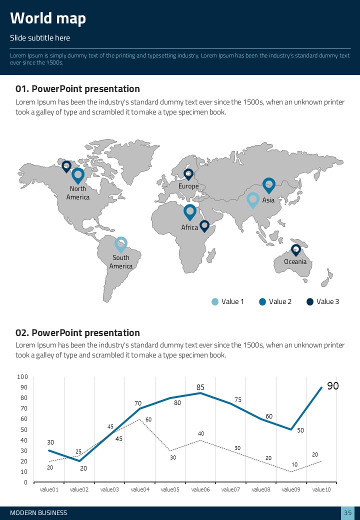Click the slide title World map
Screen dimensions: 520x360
click(x=48, y=18)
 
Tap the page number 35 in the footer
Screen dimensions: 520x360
click(x=348, y=513)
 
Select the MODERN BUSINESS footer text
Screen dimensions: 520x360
click(x=38, y=513)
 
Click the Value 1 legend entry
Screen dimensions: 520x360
click(x=228, y=301)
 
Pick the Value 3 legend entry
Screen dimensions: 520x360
click(x=323, y=301)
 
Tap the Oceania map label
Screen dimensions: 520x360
click(x=295, y=261)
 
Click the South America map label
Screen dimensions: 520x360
click(x=121, y=262)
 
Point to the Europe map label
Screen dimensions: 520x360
click(x=188, y=186)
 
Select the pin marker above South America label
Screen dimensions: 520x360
click(x=120, y=244)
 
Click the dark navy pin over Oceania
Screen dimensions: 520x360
click(x=296, y=249)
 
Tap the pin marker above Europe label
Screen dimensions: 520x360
click(x=188, y=174)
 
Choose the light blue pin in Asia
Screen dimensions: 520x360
click(x=253, y=200)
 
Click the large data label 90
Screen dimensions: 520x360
click(x=333, y=386)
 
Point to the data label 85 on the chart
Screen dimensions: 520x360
click(x=200, y=387)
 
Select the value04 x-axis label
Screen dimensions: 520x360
click(x=140, y=489)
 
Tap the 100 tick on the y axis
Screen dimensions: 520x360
click(x=22, y=377)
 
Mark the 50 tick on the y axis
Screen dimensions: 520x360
click(x=24, y=430)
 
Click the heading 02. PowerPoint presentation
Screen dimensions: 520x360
click(x=77, y=333)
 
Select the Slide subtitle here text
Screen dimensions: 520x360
click(x=40, y=38)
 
